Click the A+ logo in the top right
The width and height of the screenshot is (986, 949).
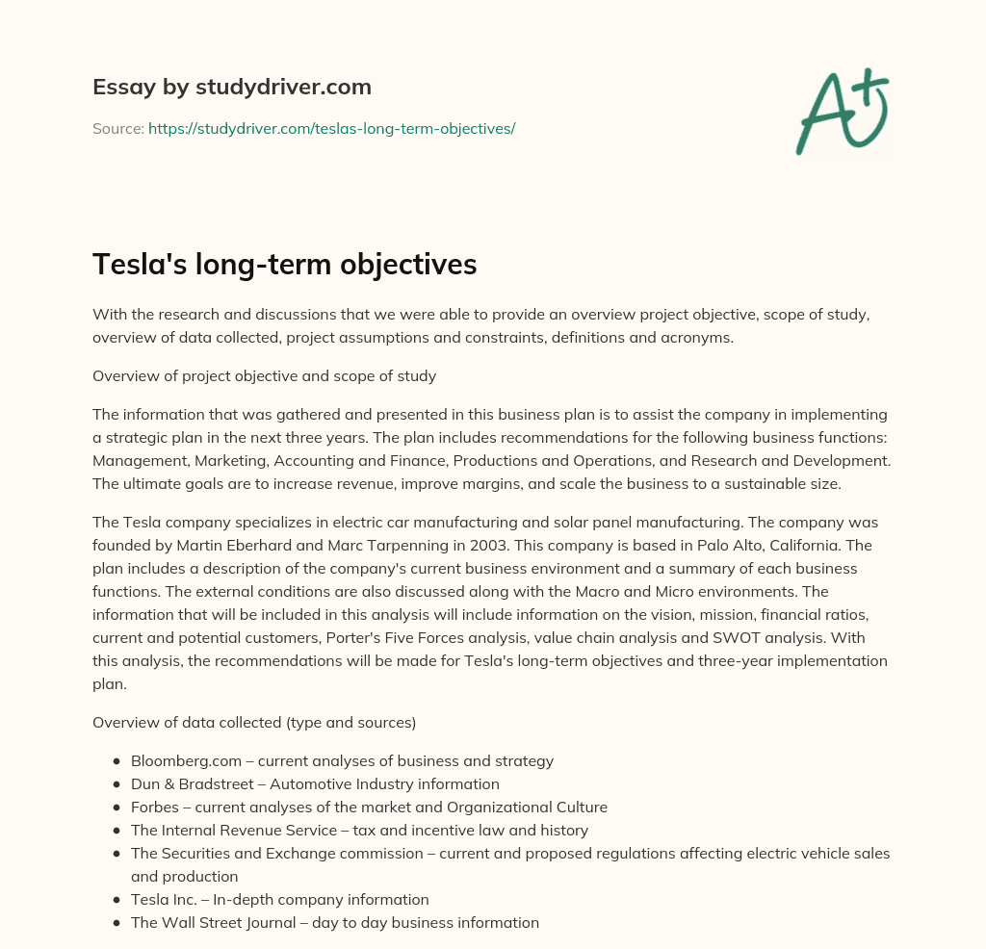pos(842,111)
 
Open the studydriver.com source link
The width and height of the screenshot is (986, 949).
pos(331,128)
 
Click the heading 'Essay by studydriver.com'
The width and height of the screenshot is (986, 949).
pos(231,87)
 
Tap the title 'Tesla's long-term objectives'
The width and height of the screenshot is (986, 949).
pos(284,265)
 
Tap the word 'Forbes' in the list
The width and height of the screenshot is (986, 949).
pos(154,808)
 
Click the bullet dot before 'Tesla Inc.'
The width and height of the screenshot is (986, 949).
pos(117,900)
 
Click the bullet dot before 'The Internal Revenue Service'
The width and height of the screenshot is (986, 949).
pos(117,831)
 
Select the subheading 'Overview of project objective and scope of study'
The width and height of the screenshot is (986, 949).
pos(264,376)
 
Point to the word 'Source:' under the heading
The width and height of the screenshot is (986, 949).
pos(117,128)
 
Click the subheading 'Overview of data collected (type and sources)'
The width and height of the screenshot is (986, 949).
pos(253,722)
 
